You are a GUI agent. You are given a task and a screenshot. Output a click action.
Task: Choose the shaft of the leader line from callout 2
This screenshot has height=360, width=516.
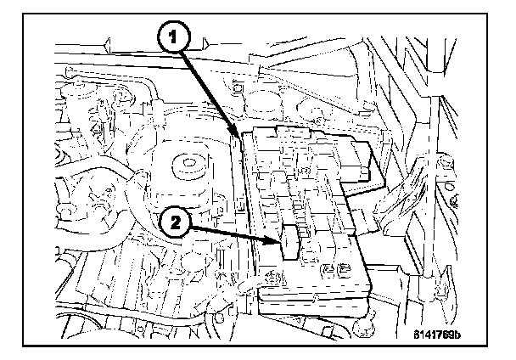pos(233,233)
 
